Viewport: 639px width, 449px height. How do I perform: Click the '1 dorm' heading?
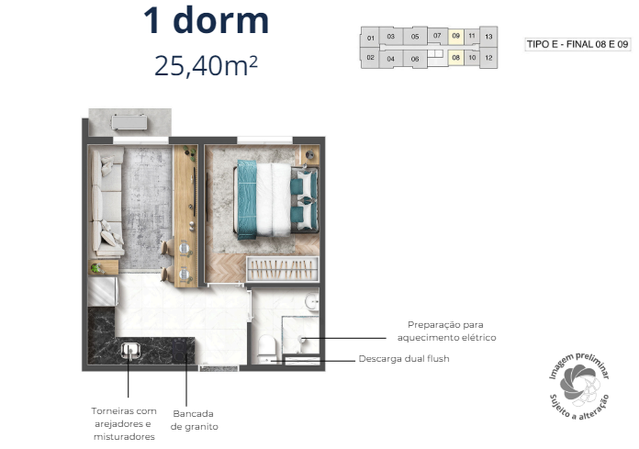pyautogui.click(x=206, y=21)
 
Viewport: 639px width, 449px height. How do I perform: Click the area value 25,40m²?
pyautogui.click(x=206, y=65)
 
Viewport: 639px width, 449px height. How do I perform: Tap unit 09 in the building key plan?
pyautogui.click(x=456, y=38)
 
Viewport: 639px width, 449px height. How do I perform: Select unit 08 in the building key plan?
pyautogui.click(x=456, y=58)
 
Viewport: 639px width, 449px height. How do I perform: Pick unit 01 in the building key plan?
pyautogui.click(x=370, y=39)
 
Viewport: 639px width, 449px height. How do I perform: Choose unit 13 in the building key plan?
pyautogui.click(x=488, y=38)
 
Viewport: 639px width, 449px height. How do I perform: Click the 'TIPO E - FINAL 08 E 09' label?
pyautogui.click(x=577, y=43)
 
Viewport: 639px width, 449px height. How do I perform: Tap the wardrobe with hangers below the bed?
pyautogui.click(x=282, y=269)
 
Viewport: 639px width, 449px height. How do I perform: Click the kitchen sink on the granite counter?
pyautogui.click(x=130, y=349)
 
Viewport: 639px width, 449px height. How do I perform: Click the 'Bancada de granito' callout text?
pyautogui.click(x=195, y=419)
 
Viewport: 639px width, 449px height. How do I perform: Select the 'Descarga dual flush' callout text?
pyautogui.click(x=404, y=359)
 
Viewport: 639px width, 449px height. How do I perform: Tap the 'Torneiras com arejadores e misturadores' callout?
pyautogui.click(x=124, y=424)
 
